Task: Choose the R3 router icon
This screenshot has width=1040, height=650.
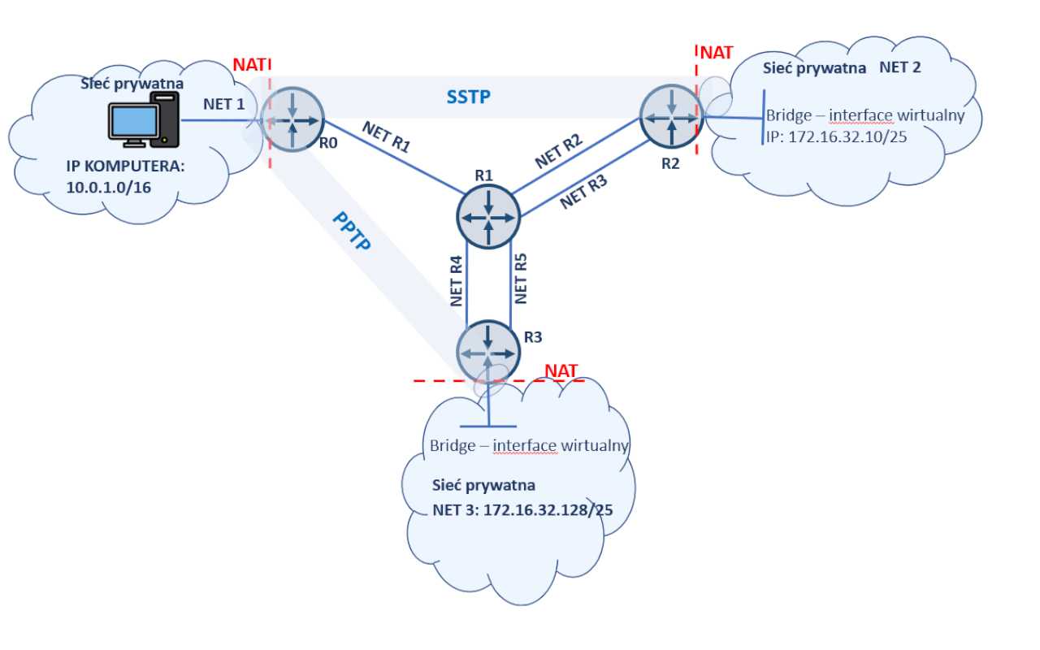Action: pos(487,352)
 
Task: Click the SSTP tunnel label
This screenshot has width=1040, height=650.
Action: pos(469,97)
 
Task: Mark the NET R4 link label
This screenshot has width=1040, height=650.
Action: pos(457,281)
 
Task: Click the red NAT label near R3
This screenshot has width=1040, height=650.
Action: pos(561,371)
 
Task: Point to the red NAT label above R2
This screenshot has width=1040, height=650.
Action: pos(717,53)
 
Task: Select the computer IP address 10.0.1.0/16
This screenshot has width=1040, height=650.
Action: pos(110,188)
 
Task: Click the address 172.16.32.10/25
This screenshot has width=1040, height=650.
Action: pos(837,137)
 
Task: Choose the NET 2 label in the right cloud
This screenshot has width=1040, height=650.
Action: pos(899,67)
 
